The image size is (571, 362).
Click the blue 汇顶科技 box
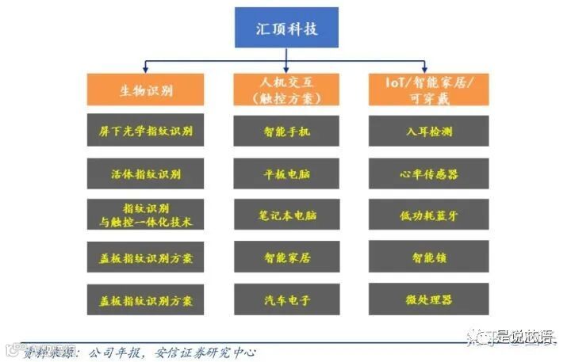pyautogui.click(x=286, y=28)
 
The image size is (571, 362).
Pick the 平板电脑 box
pyautogui.click(x=286, y=173)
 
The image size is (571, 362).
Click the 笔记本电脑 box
pyautogui.click(x=286, y=215)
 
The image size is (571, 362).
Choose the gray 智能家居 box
pyautogui.click(x=286, y=257)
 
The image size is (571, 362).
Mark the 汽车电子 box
pyautogui.click(x=286, y=300)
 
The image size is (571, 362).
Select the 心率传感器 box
pyautogui.click(x=427, y=173)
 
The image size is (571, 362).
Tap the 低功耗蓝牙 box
pyautogui.click(x=427, y=215)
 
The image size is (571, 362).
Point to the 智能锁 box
pyautogui.click(x=427, y=257)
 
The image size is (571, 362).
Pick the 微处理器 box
pyautogui.click(x=427, y=300)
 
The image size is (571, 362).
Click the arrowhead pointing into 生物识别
pyautogui.click(x=145, y=70)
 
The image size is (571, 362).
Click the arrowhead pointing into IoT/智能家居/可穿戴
pyautogui.click(x=425, y=70)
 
